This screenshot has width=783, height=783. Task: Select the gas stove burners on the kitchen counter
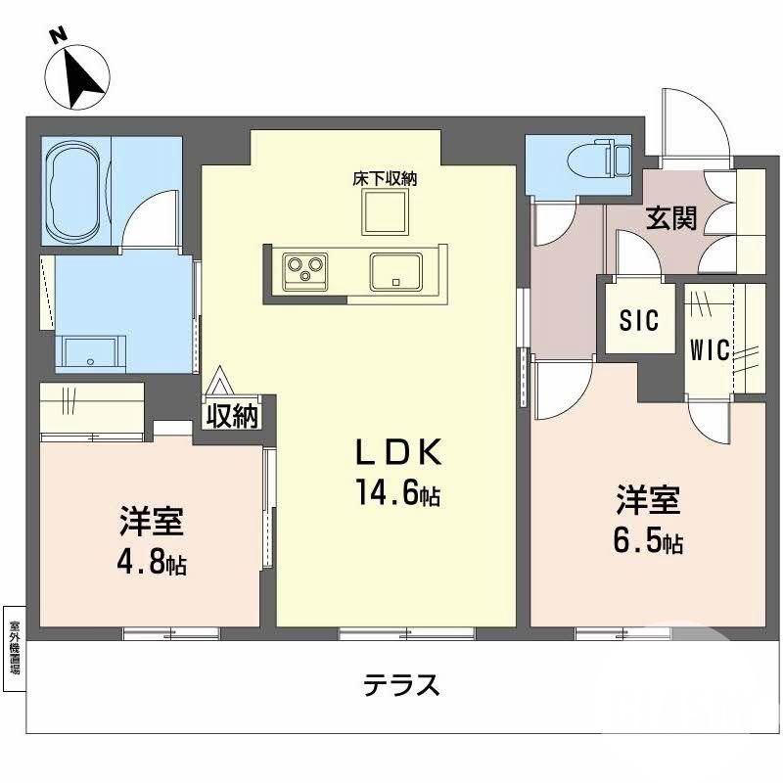[x=304, y=267]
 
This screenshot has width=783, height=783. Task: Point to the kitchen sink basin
[x=395, y=269]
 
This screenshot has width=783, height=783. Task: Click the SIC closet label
[x=639, y=320]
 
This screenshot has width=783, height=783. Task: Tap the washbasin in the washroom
[x=91, y=351]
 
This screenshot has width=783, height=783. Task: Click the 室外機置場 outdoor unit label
[x=14, y=647]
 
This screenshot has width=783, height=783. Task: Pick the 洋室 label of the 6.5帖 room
[x=647, y=500]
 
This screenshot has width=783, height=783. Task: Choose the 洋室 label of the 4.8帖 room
[x=152, y=522]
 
